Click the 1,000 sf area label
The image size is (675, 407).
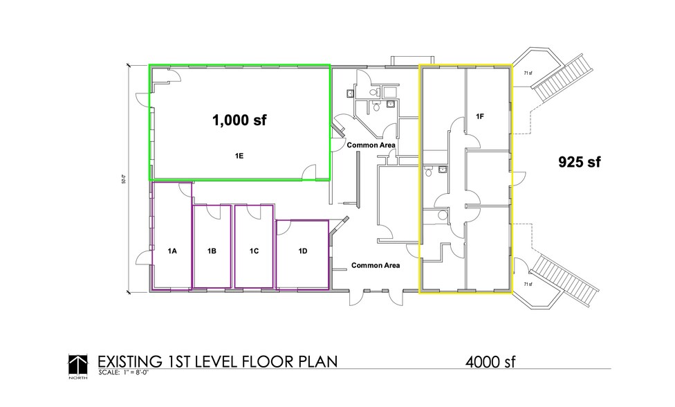point(239,120)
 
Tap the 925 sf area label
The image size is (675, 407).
point(579,162)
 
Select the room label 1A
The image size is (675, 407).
point(172,251)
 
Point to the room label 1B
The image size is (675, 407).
point(212,251)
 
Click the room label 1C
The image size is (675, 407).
point(254,251)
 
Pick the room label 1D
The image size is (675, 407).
point(302,251)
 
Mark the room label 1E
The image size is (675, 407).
point(239,156)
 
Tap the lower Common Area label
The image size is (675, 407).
point(375,265)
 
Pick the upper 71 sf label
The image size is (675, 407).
point(528,73)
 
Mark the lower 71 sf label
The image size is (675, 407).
point(528,284)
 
